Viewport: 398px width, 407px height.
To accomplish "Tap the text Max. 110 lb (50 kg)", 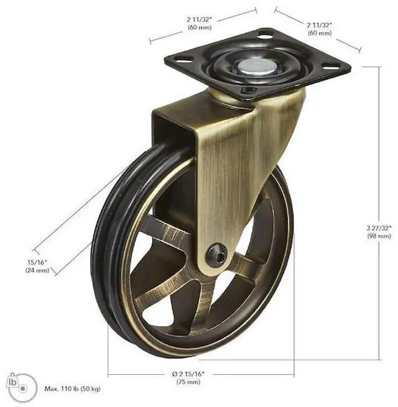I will pyautogui.click(x=73, y=389).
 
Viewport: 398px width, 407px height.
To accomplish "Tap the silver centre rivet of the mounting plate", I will pyautogui.click(x=257, y=65).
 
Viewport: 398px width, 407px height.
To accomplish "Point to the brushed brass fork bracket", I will pyautogui.click(x=236, y=162).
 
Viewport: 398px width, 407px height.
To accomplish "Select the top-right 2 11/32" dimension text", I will pyautogui.click(x=319, y=25).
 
